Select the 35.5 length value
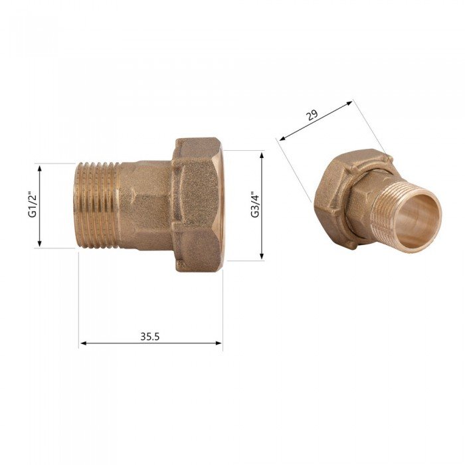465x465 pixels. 150,336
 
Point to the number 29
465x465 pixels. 312,115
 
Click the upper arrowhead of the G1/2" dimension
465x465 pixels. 40,168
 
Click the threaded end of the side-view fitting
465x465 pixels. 97,205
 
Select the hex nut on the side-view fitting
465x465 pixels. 198,205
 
